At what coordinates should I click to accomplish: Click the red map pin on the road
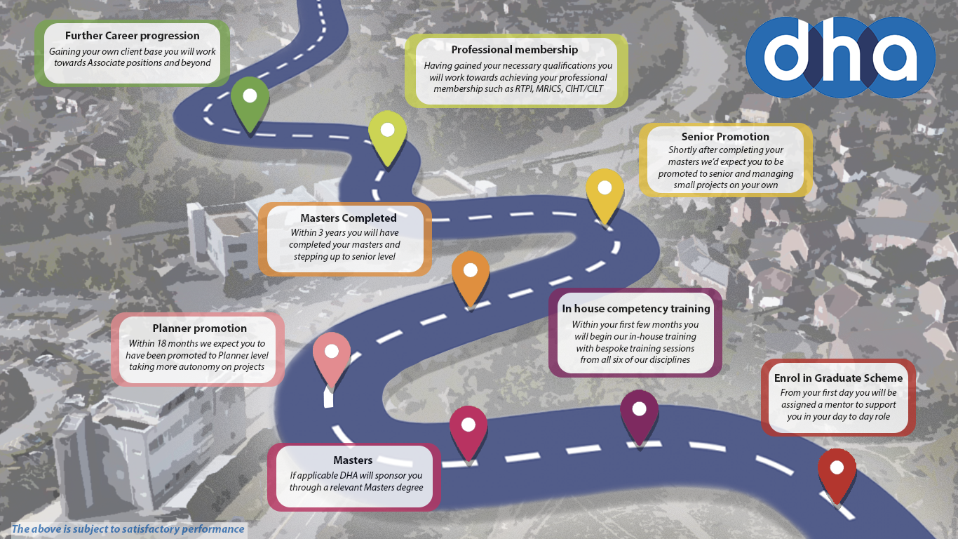pos(837,470)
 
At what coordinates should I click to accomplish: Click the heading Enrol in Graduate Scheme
pos(838,378)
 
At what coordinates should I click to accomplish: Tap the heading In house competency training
pos(636,309)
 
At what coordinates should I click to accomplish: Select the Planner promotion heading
pos(200,328)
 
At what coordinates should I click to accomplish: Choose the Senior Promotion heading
pos(725,137)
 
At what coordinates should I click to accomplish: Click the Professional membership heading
pos(515,50)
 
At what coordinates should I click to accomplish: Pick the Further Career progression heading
pos(133,36)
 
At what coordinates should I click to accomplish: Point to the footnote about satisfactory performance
pos(128,529)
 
